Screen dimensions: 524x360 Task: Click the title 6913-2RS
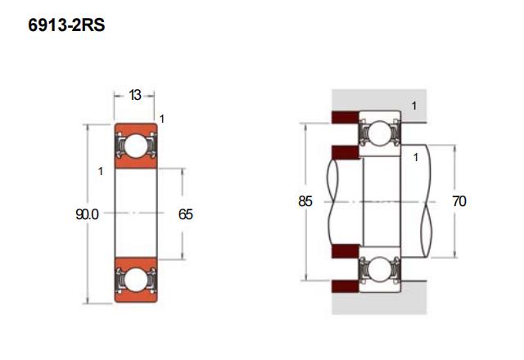pos(66,25)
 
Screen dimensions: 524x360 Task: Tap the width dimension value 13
pos(134,95)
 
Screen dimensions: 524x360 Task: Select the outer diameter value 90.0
pos(87,214)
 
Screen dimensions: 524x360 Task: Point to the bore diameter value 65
pos(186,214)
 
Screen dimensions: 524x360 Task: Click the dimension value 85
pos(305,201)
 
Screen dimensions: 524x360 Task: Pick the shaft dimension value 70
pos(459,201)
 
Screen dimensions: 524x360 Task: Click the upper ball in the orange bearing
pos(136,146)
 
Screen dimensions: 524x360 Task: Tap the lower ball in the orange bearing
pos(136,280)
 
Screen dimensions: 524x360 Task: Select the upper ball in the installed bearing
pos(379,133)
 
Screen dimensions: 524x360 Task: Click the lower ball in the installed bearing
pos(379,268)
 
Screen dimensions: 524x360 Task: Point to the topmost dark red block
pos(346,117)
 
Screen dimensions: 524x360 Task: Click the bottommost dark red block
pos(346,286)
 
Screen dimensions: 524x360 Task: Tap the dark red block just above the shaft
pos(346,152)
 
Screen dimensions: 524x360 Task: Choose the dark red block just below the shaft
pos(346,251)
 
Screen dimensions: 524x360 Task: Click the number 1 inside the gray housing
pos(414,106)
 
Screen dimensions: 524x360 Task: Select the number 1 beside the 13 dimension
pos(162,119)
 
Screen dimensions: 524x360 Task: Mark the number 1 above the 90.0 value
pos(101,171)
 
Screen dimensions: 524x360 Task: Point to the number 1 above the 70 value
pos(416,157)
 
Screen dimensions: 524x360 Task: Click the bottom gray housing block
pos(379,299)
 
